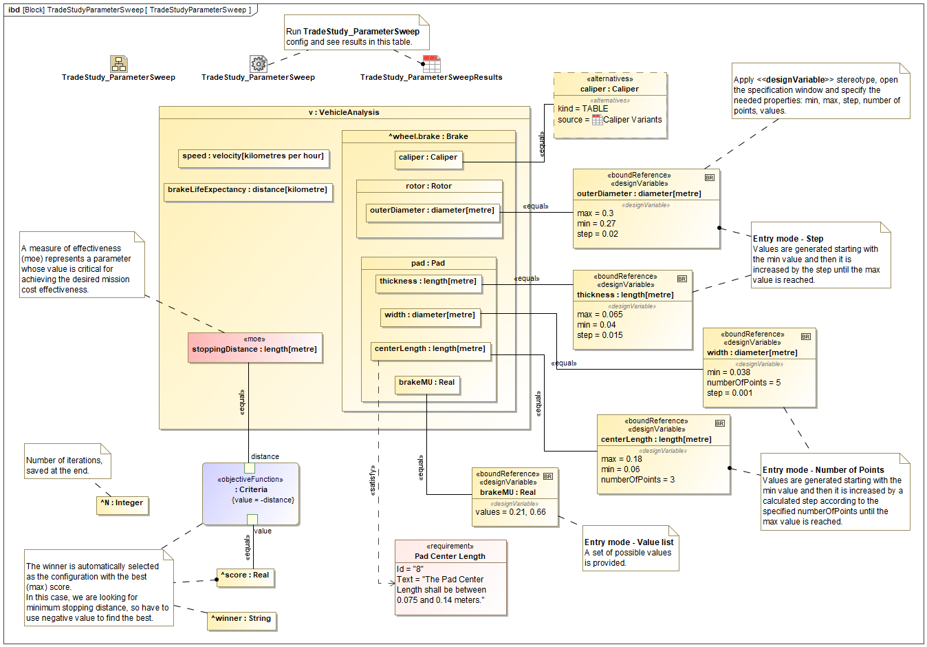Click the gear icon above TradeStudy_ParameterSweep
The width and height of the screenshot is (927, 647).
(259, 64)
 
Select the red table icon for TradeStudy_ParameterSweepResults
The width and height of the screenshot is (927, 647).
(431, 64)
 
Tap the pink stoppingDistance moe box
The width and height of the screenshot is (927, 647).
(254, 348)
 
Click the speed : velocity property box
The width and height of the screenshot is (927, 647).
(253, 157)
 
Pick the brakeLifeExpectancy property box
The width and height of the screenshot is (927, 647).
(248, 191)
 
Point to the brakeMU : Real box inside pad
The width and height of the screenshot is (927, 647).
(426, 383)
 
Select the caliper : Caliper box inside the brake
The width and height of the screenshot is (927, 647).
(428, 158)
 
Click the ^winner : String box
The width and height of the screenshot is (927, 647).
(241, 619)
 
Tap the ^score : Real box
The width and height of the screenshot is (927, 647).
(245, 576)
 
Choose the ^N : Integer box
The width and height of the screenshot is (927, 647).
(122, 504)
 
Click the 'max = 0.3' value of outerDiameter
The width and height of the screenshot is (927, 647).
(596, 213)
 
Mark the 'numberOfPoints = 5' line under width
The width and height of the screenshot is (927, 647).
(743, 383)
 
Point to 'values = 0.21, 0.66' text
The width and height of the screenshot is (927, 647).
(510, 512)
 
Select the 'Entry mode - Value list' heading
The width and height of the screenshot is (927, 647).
(629, 542)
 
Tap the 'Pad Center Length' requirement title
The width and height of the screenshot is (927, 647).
(450, 556)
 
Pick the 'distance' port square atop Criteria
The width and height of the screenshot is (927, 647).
(250, 468)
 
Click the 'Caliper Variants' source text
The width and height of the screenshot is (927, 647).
(632, 120)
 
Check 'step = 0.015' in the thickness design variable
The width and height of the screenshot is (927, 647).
(600, 335)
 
